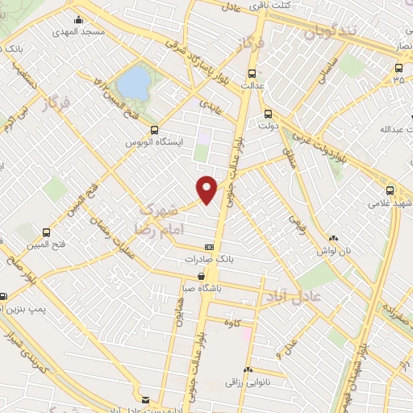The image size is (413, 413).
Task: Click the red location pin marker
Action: pyautogui.click(x=207, y=189)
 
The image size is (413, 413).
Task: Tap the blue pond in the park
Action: pyautogui.click(x=133, y=81)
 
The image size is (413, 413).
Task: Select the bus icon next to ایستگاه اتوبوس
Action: pyautogui.click(x=154, y=129)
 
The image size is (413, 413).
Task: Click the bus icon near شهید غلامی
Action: pyautogui.click(x=390, y=191)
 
